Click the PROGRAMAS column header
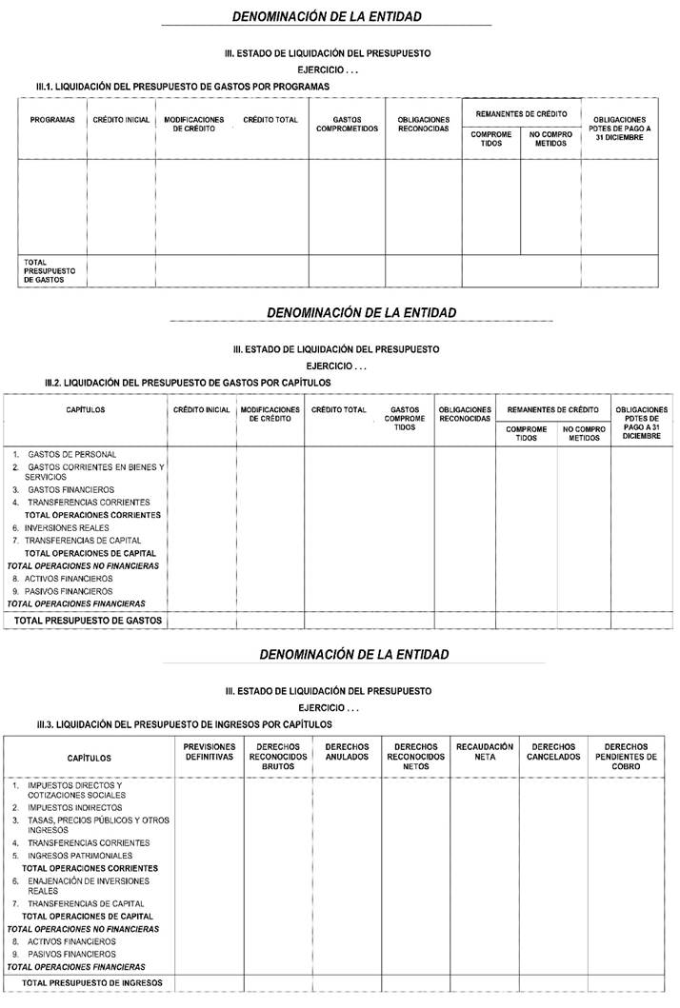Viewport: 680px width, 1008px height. point(52,120)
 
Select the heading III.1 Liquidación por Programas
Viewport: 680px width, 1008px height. point(182,86)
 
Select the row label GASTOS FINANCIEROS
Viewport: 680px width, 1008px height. point(70,489)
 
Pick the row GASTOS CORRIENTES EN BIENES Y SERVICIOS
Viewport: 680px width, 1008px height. point(94,472)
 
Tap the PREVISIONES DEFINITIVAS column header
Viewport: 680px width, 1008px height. point(209,752)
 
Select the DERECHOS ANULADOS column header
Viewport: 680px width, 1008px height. point(347,752)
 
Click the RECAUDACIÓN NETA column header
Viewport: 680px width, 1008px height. point(485,752)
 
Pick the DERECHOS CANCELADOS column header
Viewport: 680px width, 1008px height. point(553,752)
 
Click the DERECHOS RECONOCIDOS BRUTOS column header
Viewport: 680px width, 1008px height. point(277,757)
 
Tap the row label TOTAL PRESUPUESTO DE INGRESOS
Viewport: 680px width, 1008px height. point(92,982)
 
